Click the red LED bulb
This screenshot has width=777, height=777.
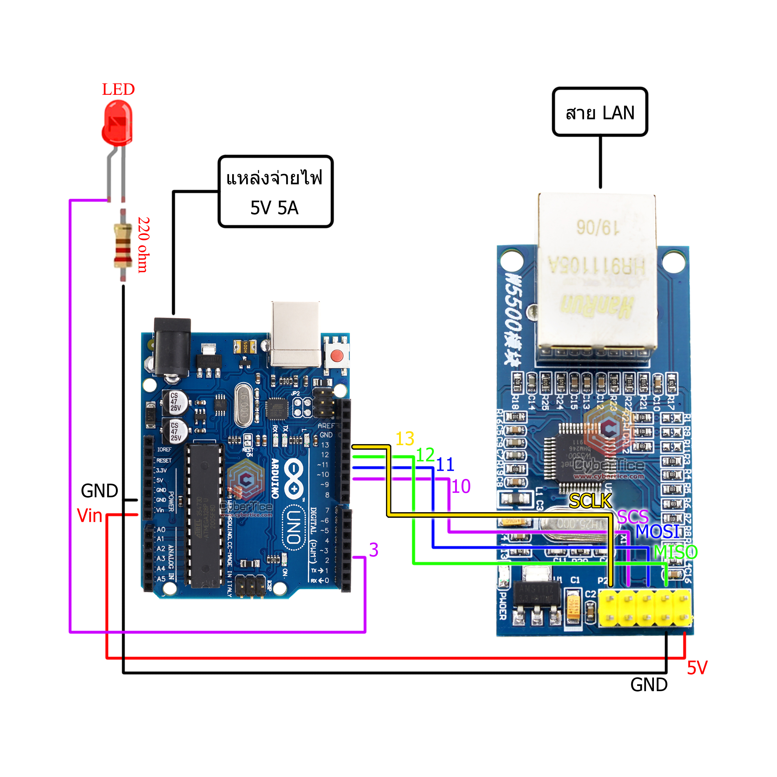coord(117,123)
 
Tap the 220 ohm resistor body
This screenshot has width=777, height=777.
coord(123,245)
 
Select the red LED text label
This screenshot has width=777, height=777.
coord(118,89)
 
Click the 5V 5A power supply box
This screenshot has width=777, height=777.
coord(275,192)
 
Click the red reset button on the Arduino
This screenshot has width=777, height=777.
coord(336,356)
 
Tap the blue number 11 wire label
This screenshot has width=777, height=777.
coord(445,465)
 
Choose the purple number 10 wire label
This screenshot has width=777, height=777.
coord(461,487)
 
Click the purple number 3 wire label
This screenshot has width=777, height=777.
coord(374,550)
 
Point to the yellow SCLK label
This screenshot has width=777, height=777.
coord(590,501)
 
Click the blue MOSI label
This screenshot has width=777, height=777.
coord(657,532)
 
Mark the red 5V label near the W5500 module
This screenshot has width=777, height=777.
coord(697,668)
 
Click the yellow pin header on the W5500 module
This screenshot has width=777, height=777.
coord(645,608)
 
